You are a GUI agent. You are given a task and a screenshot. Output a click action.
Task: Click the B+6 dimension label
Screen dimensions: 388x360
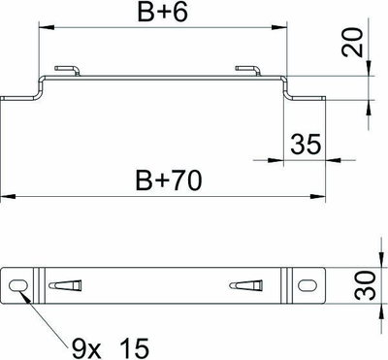(162, 13)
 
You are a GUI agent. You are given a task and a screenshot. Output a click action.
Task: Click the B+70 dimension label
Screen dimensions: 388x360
(169, 180)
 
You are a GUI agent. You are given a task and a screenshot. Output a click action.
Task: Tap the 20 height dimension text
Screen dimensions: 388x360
(352, 43)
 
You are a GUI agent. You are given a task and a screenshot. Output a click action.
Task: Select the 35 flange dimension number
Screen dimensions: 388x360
(306, 144)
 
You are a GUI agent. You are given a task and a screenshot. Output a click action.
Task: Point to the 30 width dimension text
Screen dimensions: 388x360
(367, 285)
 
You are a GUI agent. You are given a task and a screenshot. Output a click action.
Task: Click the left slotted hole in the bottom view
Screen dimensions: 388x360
(17, 285)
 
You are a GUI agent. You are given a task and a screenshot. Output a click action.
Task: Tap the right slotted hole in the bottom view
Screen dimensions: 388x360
(306, 285)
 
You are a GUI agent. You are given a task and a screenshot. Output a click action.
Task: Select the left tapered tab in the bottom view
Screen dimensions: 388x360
(65, 285)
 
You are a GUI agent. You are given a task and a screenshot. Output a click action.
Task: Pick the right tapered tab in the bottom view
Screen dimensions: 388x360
(245, 285)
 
